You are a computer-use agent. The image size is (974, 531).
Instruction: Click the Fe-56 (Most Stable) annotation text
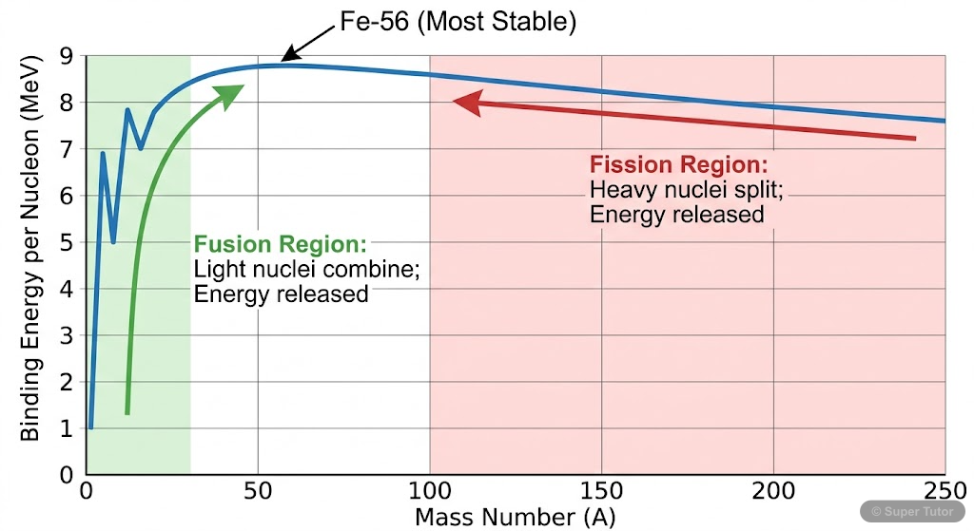[458, 22]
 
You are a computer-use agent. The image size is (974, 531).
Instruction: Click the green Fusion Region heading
[280, 244]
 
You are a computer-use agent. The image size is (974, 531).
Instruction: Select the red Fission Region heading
[678, 164]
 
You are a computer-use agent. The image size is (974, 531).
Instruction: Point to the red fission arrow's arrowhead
[464, 102]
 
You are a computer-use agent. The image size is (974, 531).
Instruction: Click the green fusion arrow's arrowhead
[232, 93]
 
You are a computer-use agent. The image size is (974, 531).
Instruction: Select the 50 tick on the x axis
[257, 493]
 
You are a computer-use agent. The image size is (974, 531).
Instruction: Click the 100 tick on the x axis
[429, 493]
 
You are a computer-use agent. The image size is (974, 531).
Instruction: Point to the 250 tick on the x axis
[945, 493]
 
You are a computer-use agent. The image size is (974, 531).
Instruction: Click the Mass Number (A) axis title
[515, 518]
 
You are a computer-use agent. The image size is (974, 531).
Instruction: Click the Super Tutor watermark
[914, 511]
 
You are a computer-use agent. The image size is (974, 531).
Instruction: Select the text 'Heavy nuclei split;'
[686, 189]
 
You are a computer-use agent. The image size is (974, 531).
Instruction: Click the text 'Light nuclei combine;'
[306, 269]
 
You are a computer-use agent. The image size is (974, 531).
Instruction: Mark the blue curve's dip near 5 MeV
[114, 241]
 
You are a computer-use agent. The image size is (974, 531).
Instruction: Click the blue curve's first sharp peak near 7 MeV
[103, 153]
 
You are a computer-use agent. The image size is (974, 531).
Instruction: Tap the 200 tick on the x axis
[773, 493]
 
